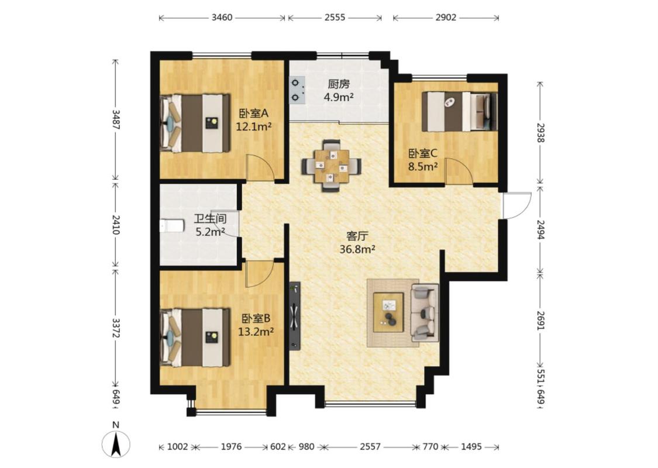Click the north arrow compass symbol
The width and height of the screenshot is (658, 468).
click(x=116, y=443)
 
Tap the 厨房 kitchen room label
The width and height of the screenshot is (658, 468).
click(x=339, y=84)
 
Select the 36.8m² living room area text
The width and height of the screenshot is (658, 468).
click(x=357, y=249)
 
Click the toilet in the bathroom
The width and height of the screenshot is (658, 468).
click(x=172, y=225)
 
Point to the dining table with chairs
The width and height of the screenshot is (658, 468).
click(x=332, y=166)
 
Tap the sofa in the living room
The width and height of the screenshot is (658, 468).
click(x=425, y=313)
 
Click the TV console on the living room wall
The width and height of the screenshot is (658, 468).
click(x=295, y=316)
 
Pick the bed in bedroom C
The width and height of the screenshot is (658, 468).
click(x=459, y=112)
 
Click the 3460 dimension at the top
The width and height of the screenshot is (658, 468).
click(x=222, y=18)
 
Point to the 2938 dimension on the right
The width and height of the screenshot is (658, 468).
click(x=540, y=133)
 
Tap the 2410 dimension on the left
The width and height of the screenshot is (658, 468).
click(x=116, y=225)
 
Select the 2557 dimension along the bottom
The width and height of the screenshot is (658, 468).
click(x=370, y=446)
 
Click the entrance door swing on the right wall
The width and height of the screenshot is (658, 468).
click(x=517, y=205)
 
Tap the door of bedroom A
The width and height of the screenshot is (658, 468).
click(x=259, y=167)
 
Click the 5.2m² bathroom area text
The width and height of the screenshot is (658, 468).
click(x=210, y=231)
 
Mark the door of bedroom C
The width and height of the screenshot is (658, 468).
click(x=459, y=171)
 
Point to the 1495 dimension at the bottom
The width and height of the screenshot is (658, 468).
click(x=471, y=446)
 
